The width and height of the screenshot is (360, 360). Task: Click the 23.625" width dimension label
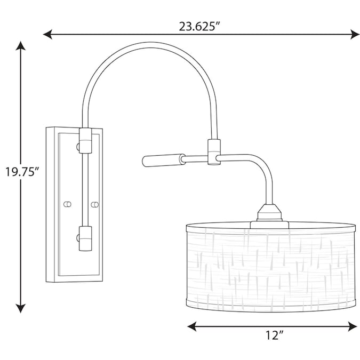tap(199, 26)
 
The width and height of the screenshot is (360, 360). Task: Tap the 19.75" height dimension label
tap(22, 172)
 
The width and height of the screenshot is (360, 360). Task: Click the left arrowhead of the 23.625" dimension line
tap(48, 34)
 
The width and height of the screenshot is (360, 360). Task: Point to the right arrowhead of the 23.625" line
tap(355, 34)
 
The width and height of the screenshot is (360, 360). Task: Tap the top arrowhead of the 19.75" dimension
tap(21, 46)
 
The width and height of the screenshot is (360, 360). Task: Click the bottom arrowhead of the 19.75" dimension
tap(21, 308)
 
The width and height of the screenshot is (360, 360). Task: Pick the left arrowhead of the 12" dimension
tap(192, 326)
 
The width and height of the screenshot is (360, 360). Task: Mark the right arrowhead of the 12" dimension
tap(353, 326)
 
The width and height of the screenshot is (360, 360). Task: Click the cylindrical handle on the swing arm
tap(164, 160)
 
